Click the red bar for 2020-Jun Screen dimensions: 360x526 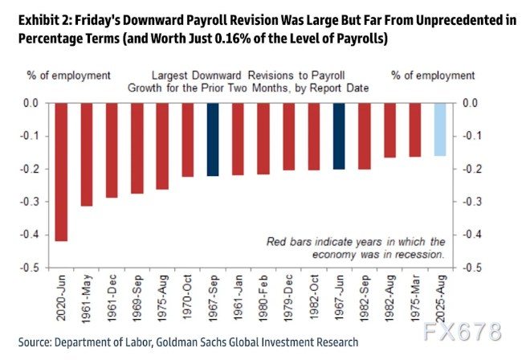[x=61, y=171]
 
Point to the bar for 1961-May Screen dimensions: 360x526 [x=86, y=154]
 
